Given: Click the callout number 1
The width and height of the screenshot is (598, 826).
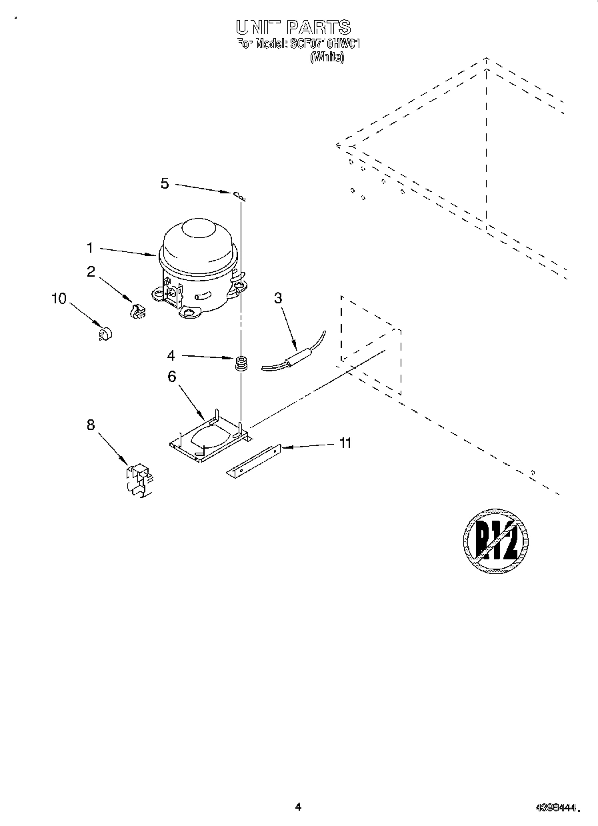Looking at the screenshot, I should click(x=89, y=248).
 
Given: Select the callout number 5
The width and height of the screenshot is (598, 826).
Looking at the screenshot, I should click(x=165, y=183).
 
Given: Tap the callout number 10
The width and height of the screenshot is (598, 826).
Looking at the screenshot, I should click(x=59, y=299).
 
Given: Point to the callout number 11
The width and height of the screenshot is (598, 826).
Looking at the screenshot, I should click(x=345, y=443).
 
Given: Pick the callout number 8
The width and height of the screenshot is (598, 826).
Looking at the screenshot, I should click(x=91, y=425).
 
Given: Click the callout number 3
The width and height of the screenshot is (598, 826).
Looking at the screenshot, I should click(x=278, y=298).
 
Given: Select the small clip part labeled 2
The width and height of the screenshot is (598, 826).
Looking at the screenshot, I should click(x=137, y=311).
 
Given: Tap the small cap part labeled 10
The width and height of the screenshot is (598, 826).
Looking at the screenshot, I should click(x=104, y=333).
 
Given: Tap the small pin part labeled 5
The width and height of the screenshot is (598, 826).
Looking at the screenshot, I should click(x=239, y=195).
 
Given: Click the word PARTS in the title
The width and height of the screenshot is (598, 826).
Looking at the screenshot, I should click(x=319, y=28).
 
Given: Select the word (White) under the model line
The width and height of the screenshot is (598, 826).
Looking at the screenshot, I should click(x=327, y=58).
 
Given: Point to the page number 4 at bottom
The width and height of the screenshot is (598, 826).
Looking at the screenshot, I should click(x=298, y=807).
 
